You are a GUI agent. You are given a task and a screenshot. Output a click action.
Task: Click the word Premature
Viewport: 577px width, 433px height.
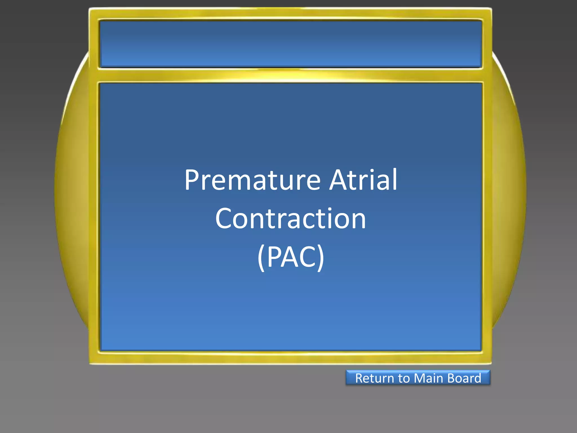coord(252,180)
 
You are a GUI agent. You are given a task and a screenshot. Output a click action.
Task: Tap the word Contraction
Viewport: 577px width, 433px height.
coord(290,219)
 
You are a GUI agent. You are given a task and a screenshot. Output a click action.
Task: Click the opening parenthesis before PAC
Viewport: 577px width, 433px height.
coord(261,258)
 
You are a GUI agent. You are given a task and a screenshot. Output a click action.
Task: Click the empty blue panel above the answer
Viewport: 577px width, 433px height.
coord(290,44)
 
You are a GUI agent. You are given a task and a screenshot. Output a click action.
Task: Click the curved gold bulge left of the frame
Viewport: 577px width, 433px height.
coord(72,192)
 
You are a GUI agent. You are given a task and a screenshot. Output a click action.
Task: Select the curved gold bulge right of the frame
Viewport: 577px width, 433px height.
coord(509,192)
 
